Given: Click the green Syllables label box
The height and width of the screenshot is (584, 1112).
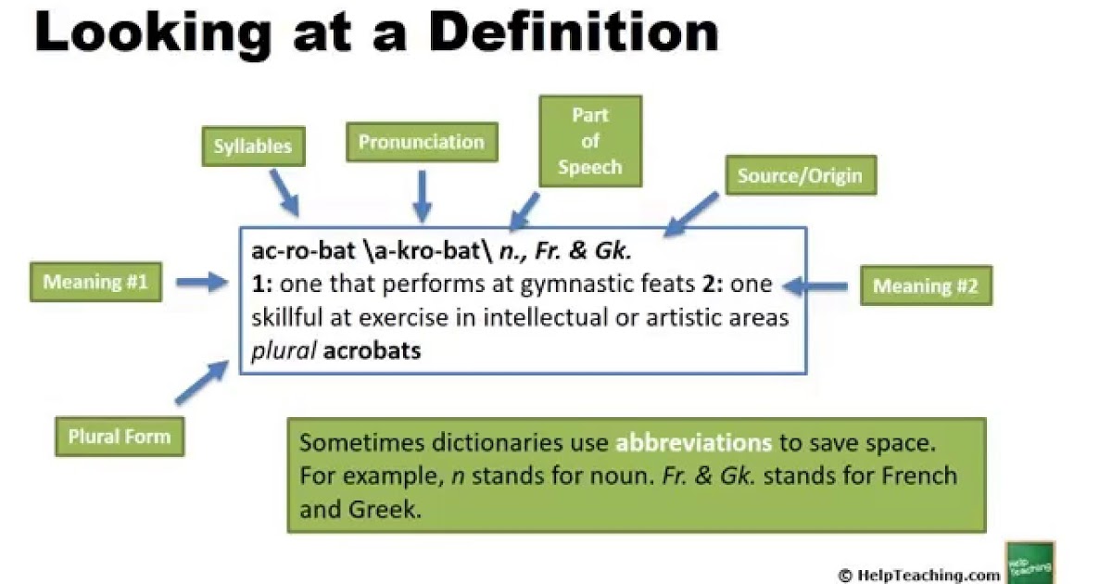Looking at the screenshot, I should tap(252, 146).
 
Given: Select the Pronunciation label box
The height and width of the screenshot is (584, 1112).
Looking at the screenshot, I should tap(422, 143).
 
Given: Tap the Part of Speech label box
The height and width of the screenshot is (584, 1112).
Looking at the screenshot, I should tap(590, 141).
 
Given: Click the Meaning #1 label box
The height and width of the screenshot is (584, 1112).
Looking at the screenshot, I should tap(95, 282).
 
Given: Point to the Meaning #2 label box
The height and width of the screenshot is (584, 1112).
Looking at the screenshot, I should tap(925, 286).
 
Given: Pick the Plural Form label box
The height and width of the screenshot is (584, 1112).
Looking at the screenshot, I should tap(120, 436).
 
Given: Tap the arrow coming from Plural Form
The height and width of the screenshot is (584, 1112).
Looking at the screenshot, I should tap(200, 381).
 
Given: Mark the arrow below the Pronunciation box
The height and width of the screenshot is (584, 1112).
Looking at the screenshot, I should tap(423, 197).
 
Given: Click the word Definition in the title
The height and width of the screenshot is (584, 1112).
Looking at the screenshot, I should tap(574, 33).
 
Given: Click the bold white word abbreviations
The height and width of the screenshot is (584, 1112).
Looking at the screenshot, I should tap(692, 442).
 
